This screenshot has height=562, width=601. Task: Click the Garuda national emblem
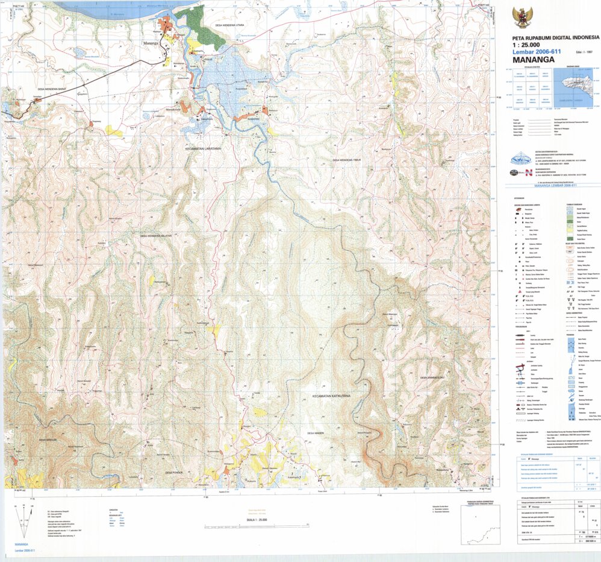(x=521, y=16)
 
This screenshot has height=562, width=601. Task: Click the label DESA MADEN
(x=316, y=433)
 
